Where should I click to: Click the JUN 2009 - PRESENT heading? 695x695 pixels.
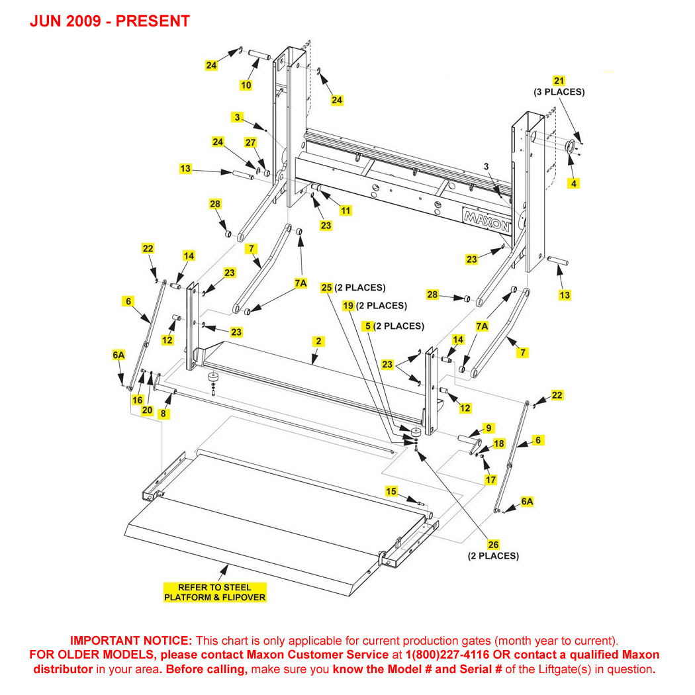tap(110, 21)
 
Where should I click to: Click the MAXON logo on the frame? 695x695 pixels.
tap(487, 220)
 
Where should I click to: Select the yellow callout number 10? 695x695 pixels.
tap(246, 85)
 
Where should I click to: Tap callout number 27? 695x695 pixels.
tap(250, 142)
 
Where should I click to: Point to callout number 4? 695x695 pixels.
tap(574, 183)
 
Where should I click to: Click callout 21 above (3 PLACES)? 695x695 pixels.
tap(559, 81)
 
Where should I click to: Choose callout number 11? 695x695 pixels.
tap(346, 210)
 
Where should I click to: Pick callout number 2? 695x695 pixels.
tap(318, 342)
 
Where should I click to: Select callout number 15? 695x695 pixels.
tap(391, 491)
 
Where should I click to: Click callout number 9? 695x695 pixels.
tap(488, 428)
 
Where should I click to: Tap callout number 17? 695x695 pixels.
tap(490, 480)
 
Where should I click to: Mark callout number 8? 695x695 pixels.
tap(163, 414)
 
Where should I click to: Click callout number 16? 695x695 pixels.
tap(137, 400)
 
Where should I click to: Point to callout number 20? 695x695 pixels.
tap(147, 410)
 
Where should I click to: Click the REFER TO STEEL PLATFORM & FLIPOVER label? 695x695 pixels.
tap(215, 592)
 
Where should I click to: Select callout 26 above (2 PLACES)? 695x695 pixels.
tap(493, 545)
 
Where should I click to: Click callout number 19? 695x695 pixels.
tap(348, 306)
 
